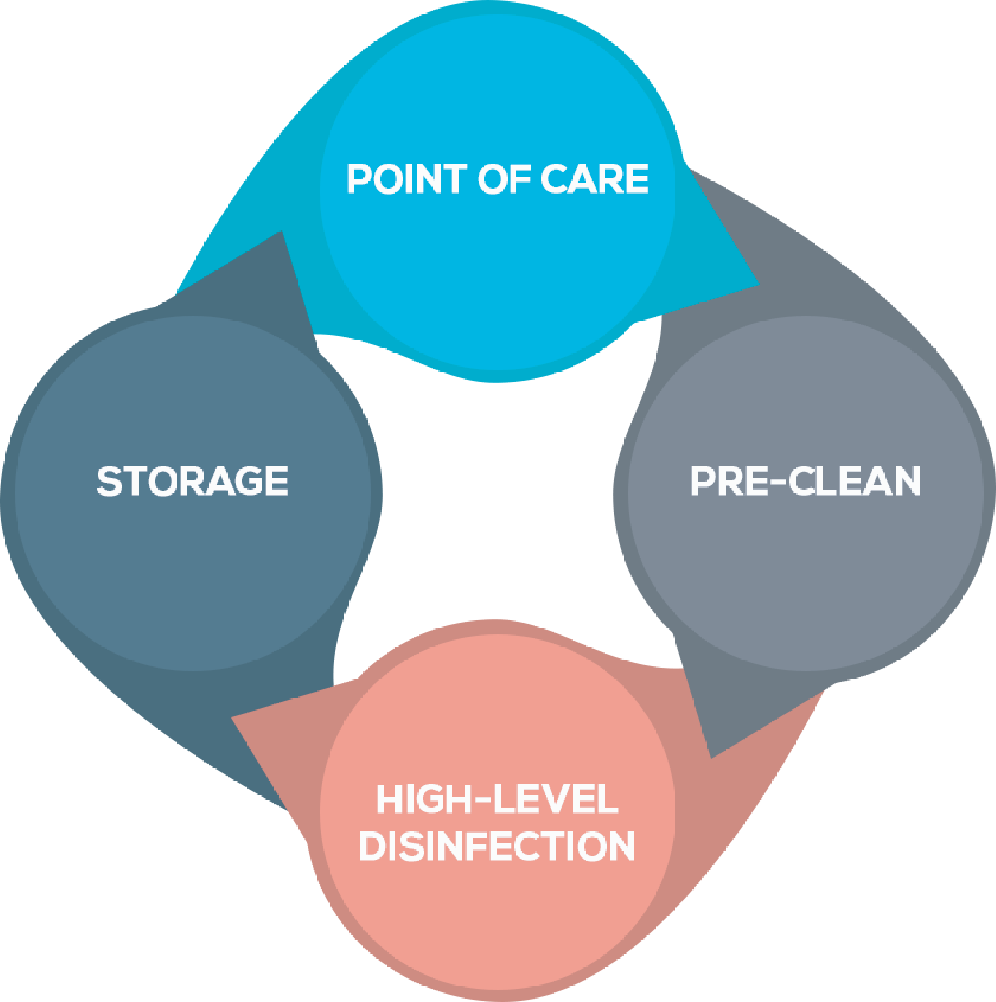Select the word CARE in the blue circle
[x=594, y=179]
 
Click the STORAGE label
[x=193, y=482]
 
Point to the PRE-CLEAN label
[x=806, y=482]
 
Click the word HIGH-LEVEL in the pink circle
[x=497, y=800]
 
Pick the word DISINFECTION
[x=497, y=846]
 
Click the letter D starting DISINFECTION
[x=371, y=846]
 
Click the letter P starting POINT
[x=359, y=179]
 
